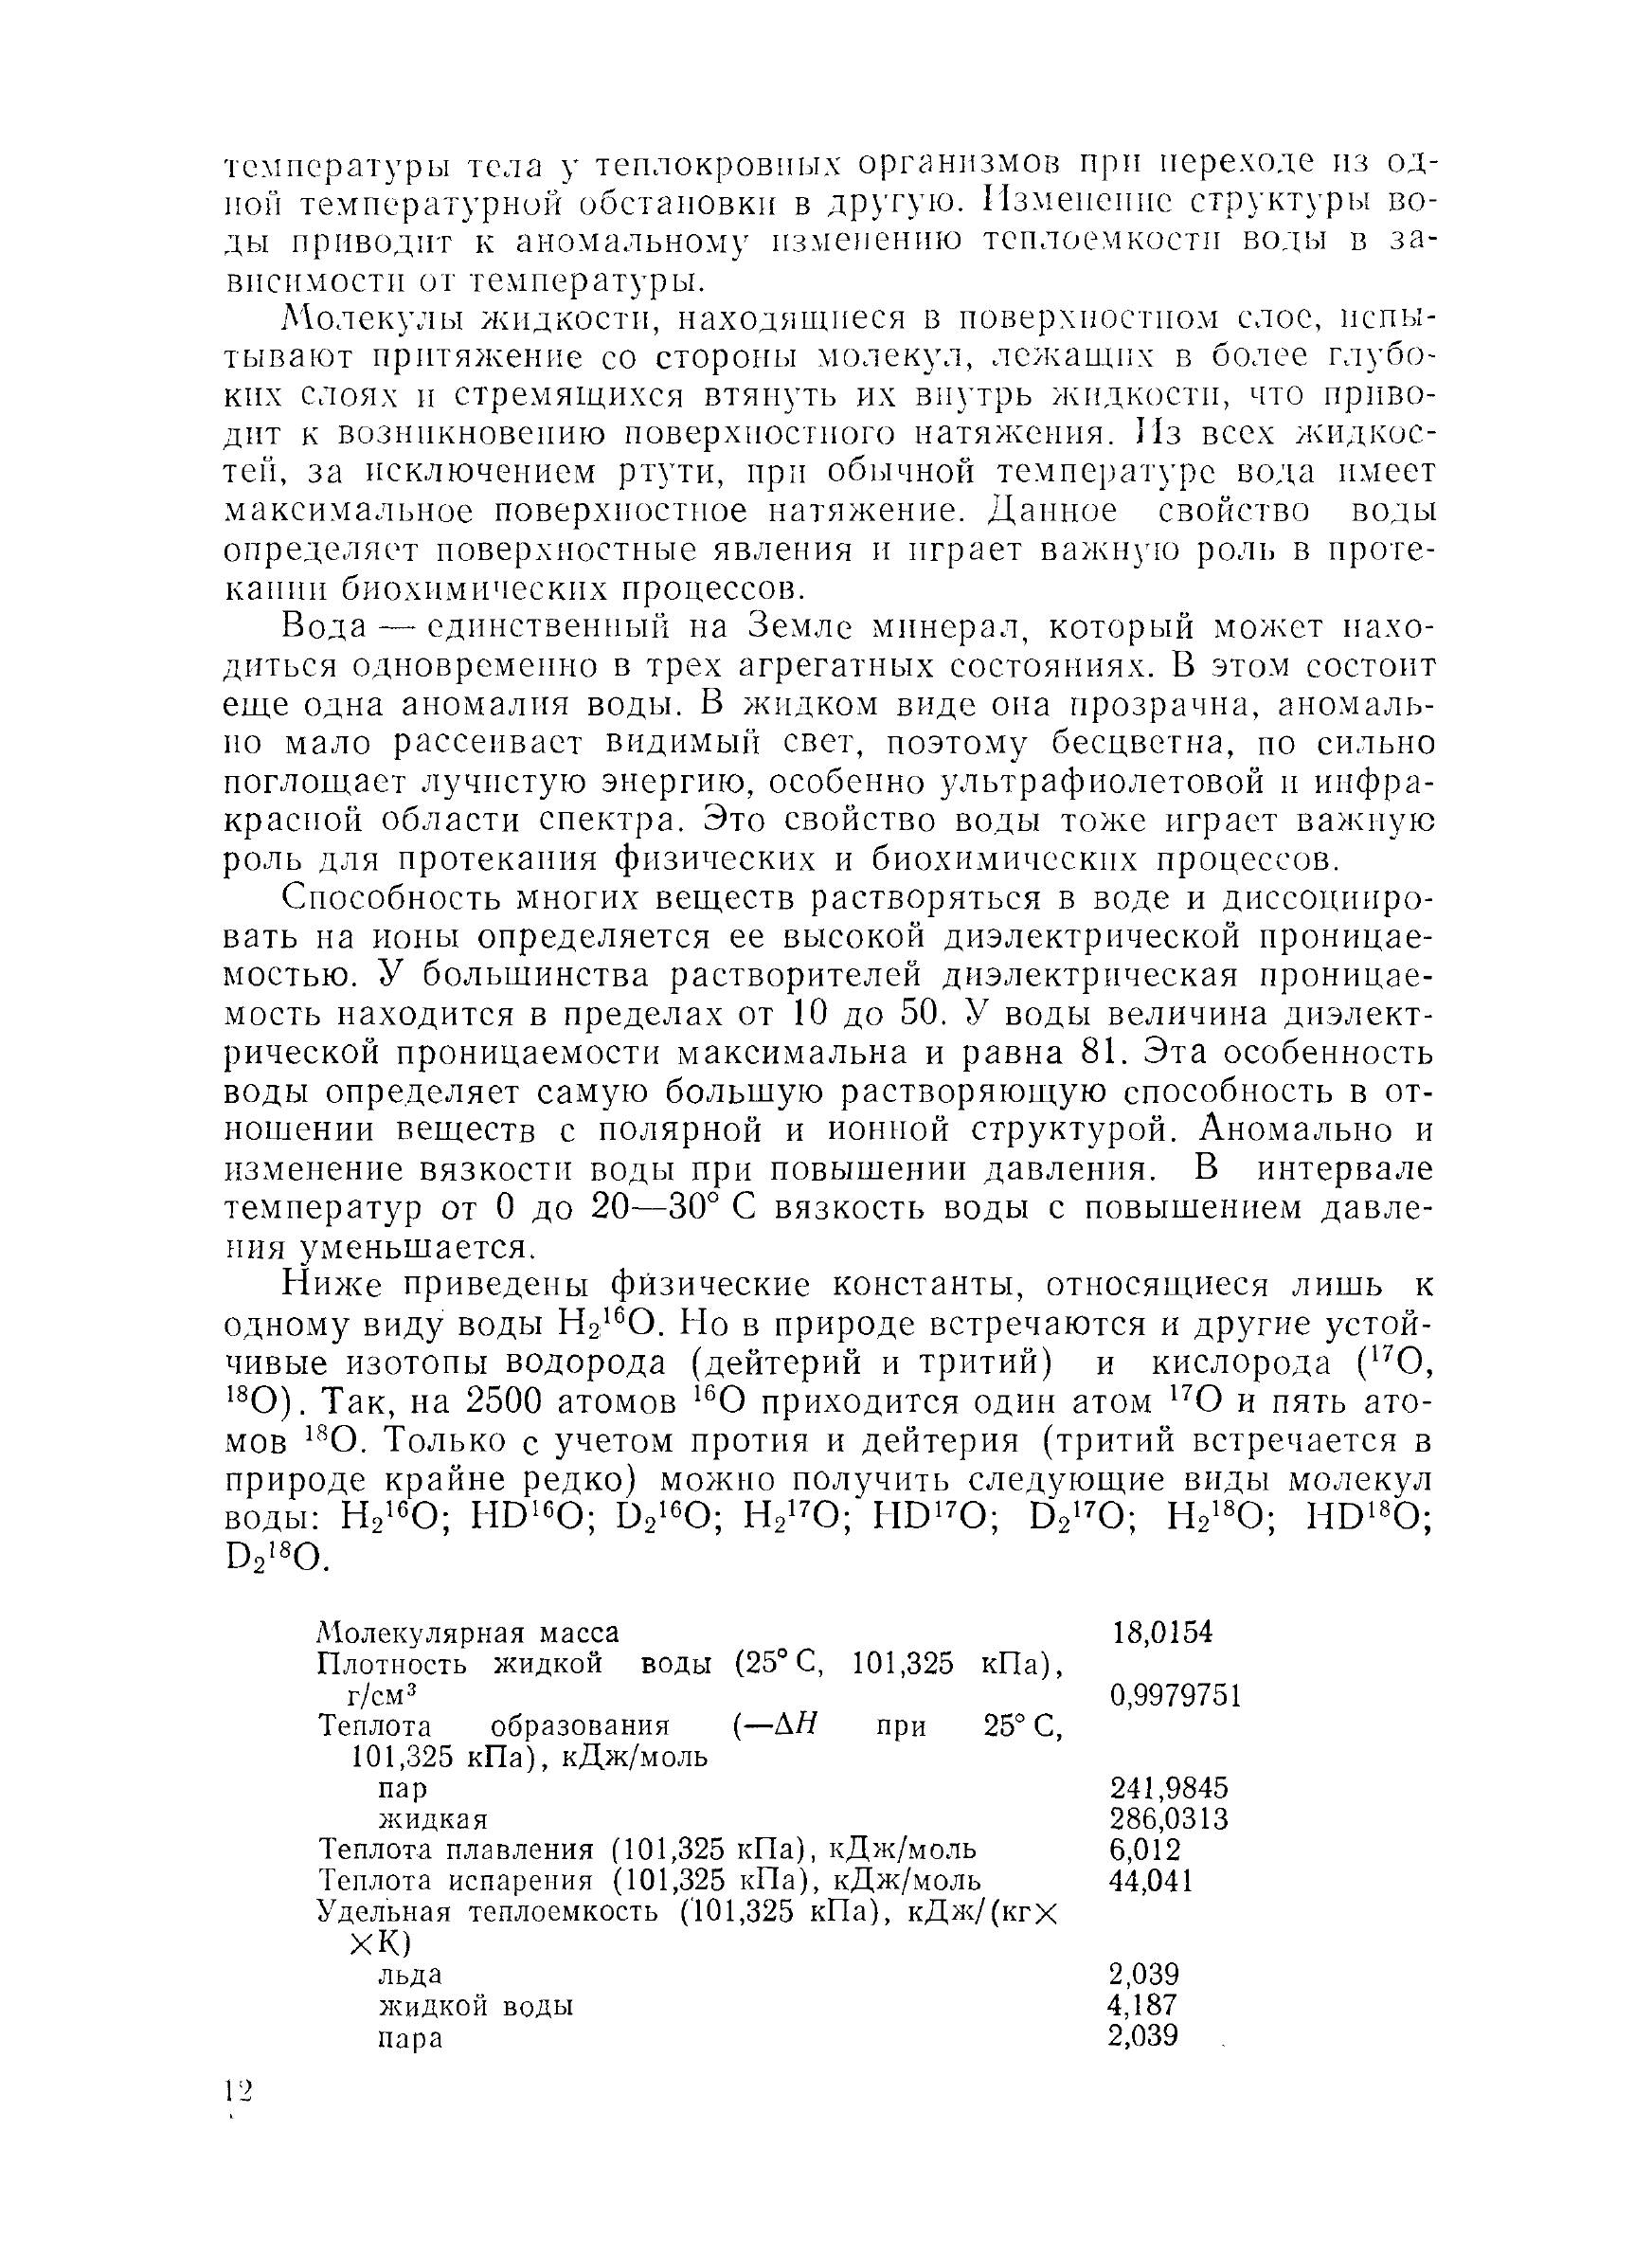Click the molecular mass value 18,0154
[1162, 1633]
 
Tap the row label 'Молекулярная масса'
[468, 1633]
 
